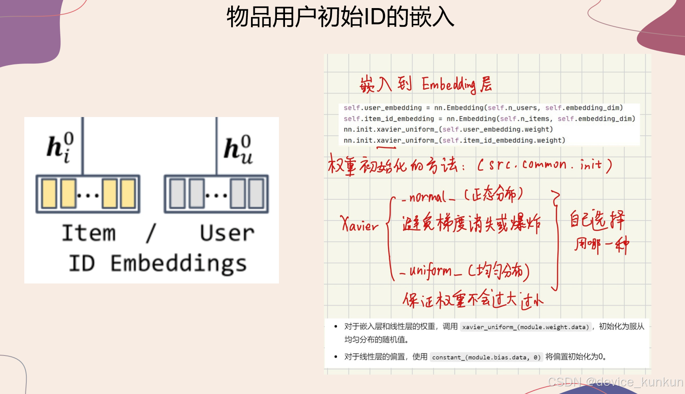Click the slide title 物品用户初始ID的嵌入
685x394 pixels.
[340, 17]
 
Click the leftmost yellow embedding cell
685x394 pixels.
[49, 194]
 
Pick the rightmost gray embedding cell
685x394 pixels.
[256, 194]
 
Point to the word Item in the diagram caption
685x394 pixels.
[89, 233]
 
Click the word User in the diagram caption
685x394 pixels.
[227, 233]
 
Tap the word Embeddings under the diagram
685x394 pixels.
[179, 264]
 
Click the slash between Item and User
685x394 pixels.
[151, 233]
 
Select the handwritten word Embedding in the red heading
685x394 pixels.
[449, 85]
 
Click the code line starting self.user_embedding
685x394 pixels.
[483, 108]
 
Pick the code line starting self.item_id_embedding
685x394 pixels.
[489, 119]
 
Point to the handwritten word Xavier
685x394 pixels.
[360, 224]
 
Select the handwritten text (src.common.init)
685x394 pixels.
[545, 165]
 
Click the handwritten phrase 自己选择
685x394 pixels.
[597, 220]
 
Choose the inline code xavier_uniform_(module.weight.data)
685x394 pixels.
[525, 327]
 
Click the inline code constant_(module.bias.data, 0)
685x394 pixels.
[486, 357]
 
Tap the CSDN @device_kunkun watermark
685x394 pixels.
[615, 382]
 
